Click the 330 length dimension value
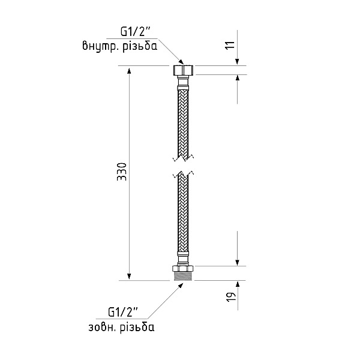[122, 172]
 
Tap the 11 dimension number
[230, 45]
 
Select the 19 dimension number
[231, 297]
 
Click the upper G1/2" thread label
[136, 32]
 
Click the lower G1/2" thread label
[123, 312]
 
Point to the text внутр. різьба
[120, 46]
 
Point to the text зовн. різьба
[121, 327]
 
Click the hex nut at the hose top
[183, 70]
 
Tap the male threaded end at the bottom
[183, 276]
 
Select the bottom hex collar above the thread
[183, 269]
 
